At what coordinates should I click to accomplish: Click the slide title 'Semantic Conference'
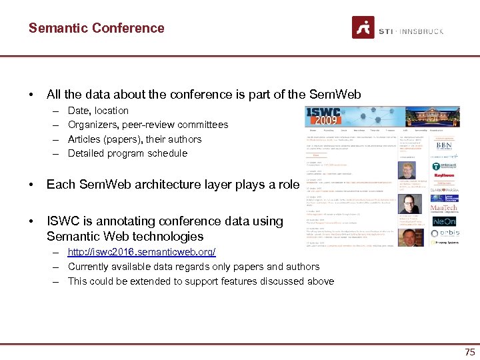(96, 28)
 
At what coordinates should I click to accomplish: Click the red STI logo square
(363, 28)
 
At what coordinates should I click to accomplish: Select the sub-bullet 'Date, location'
(98, 111)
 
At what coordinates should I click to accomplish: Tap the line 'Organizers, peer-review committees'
(147, 125)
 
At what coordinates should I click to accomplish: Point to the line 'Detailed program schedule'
(127, 153)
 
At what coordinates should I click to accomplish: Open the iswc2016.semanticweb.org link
(141, 252)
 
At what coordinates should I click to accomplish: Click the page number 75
(469, 352)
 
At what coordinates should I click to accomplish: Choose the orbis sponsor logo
(444, 233)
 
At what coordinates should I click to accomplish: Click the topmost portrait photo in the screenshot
(407, 170)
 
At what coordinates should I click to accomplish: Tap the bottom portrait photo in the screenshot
(407, 239)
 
